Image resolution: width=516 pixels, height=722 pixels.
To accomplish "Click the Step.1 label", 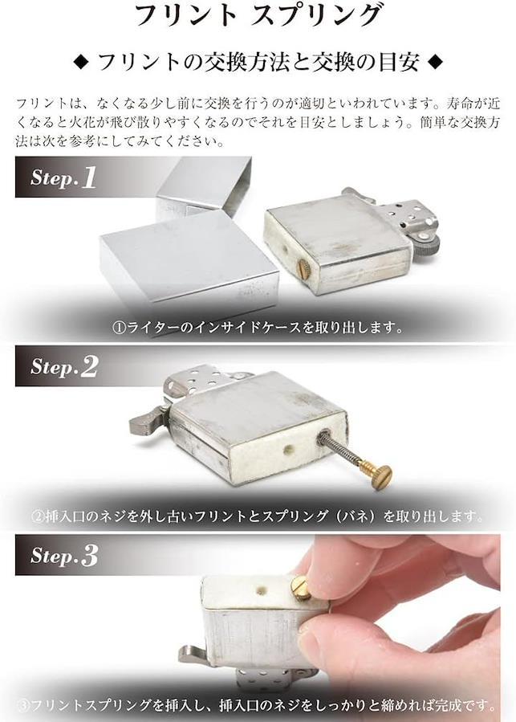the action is [63, 177].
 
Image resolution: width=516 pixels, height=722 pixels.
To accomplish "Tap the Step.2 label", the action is [64, 366].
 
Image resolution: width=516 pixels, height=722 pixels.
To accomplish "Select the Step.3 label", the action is [64, 555].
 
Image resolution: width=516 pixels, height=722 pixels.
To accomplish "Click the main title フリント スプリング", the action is [258, 15].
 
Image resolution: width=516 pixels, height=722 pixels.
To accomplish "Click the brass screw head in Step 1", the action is [304, 266].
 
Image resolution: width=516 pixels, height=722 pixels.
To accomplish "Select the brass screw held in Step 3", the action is [301, 588].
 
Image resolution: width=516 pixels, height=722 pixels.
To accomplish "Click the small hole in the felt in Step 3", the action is [261, 590].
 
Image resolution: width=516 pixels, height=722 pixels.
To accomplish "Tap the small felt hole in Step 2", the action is [289, 450].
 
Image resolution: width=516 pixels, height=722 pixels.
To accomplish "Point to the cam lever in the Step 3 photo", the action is [193, 655].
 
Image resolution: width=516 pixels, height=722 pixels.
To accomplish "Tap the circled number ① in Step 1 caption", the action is [119, 328].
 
